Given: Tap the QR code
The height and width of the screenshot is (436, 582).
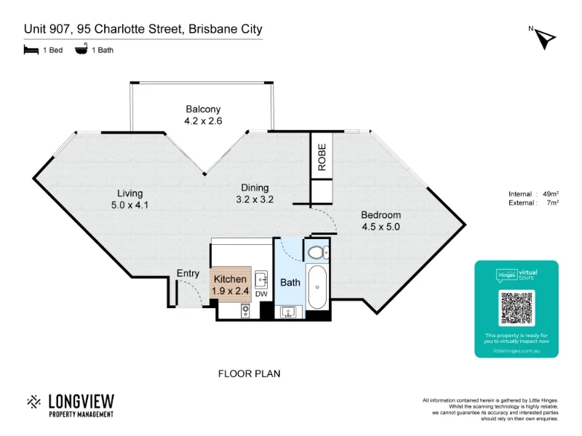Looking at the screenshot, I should pyautogui.click(x=517, y=307).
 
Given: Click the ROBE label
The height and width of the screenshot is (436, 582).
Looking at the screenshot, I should pyautogui.click(x=322, y=156).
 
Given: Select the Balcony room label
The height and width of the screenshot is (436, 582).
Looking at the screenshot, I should pyautogui.click(x=202, y=110).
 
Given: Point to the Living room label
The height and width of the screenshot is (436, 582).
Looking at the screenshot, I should pyautogui.click(x=130, y=193).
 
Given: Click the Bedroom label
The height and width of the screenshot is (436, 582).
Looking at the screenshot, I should pyautogui.click(x=381, y=215).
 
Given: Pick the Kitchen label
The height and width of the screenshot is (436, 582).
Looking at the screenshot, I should pyautogui.click(x=231, y=279).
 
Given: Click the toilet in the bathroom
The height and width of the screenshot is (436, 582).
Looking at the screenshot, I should pyautogui.click(x=317, y=253).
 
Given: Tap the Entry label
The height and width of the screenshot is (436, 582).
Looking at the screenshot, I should pyautogui.click(x=188, y=274).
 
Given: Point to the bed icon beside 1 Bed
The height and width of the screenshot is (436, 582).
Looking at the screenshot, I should pyautogui.click(x=31, y=50).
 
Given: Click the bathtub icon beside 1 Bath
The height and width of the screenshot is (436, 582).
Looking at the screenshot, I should pyautogui.click(x=81, y=50).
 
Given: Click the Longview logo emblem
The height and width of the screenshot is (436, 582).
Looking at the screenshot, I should pyautogui.click(x=34, y=401).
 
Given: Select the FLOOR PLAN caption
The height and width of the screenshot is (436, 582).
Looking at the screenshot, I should pyautogui.click(x=250, y=374).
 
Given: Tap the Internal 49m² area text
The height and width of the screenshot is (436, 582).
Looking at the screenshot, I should pyautogui.click(x=534, y=194).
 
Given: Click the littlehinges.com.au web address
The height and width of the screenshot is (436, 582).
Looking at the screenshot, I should pyautogui.click(x=517, y=350).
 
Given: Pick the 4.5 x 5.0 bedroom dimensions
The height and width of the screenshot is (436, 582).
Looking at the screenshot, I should pyautogui.click(x=381, y=227).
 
